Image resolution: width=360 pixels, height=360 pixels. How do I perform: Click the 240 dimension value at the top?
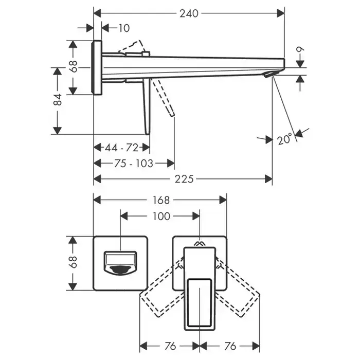click(x=189, y=13)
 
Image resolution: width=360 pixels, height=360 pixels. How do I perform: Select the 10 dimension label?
click(x=123, y=28)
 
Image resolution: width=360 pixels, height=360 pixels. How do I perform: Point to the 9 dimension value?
click(x=301, y=52)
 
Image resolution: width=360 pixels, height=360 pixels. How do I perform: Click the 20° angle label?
click(x=284, y=139)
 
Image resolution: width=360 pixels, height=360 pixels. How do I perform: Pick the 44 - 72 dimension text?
click(x=121, y=148)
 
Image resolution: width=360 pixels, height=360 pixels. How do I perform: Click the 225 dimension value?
click(x=184, y=179)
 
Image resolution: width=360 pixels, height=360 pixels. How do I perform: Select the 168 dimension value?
click(x=160, y=200)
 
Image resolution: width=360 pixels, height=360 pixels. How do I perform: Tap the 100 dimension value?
click(x=161, y=217)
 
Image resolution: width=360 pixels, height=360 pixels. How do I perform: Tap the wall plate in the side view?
click(x=97, y=67)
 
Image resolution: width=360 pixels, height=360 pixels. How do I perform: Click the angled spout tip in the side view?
click(x=269, y=75)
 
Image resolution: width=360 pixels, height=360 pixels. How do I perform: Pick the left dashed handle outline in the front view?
click(x=160, y=290)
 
